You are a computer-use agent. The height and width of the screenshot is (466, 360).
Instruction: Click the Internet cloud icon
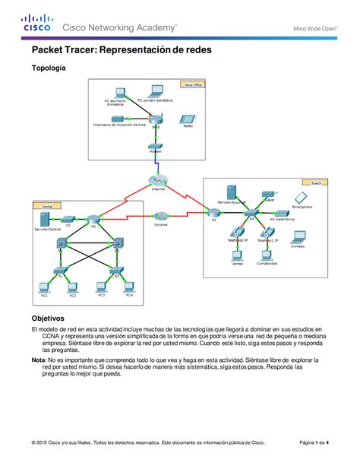point(158,181)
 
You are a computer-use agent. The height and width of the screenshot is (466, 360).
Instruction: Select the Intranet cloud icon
point(159,216)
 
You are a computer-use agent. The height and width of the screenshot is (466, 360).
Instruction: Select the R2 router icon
point(93,220)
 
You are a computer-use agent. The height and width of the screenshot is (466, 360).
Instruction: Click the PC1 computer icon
point(43,287)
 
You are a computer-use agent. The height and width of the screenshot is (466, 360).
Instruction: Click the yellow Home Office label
point(193,85)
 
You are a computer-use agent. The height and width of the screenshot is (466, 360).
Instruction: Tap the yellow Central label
point(47,205)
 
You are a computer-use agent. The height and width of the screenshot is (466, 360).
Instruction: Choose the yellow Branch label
point(312,182)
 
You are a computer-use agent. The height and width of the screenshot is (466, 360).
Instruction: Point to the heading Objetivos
point(47,318)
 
